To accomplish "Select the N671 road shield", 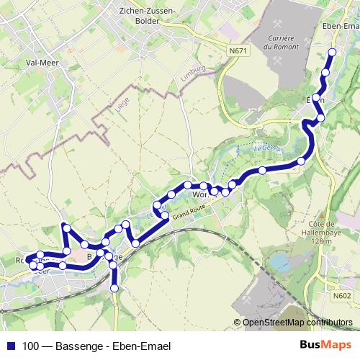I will pyautogui.click(x=239, y=51).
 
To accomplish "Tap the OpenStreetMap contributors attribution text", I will pyautogui.click(x=297, y=323).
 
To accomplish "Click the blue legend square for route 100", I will pyautogui.click(x=10, y=346).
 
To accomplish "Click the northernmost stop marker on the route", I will pyautogui.click(x=332, y=52).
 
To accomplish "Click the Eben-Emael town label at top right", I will pyautogui.click(x=341, y=27).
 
